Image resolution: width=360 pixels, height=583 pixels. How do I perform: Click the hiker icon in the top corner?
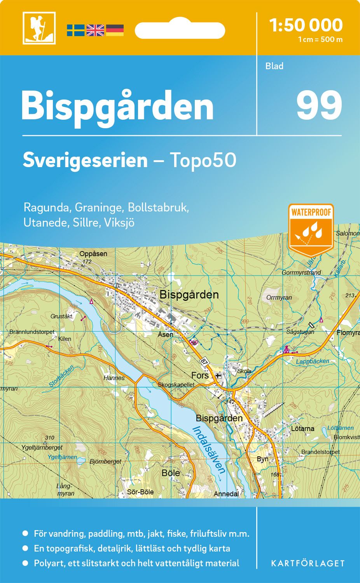point(39,28)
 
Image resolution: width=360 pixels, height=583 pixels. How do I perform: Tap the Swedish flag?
point(75,30)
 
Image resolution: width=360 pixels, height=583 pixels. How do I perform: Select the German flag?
point(115,30)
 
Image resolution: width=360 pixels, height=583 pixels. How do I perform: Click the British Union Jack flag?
point(95,30)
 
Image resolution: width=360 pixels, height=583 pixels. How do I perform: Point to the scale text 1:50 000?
point(306,25)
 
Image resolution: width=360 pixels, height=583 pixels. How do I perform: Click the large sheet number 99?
point(319,106)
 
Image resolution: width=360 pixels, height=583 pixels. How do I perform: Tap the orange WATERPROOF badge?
point(311,229)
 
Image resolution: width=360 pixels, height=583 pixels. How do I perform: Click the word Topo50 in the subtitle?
point(203,160)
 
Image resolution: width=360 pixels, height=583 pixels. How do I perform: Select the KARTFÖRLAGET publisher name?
point(308,564)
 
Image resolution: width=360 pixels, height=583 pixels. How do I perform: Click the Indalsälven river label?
point(209,450)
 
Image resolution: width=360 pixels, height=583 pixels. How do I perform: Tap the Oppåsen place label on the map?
point(93,254)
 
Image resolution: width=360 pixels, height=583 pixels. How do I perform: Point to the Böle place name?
point(171,473)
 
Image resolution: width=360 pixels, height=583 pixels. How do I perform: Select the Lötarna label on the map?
point(302,429)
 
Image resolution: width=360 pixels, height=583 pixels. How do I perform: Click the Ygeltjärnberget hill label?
point(42,447)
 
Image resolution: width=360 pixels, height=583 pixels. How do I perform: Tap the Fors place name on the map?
point(200,375)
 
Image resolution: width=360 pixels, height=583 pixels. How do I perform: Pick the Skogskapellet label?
point(176,385)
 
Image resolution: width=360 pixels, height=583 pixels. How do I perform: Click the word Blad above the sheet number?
point(274,66)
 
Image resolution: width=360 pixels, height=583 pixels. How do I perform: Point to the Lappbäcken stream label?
point(313,361)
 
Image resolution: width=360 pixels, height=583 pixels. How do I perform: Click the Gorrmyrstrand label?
point(301,272)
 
